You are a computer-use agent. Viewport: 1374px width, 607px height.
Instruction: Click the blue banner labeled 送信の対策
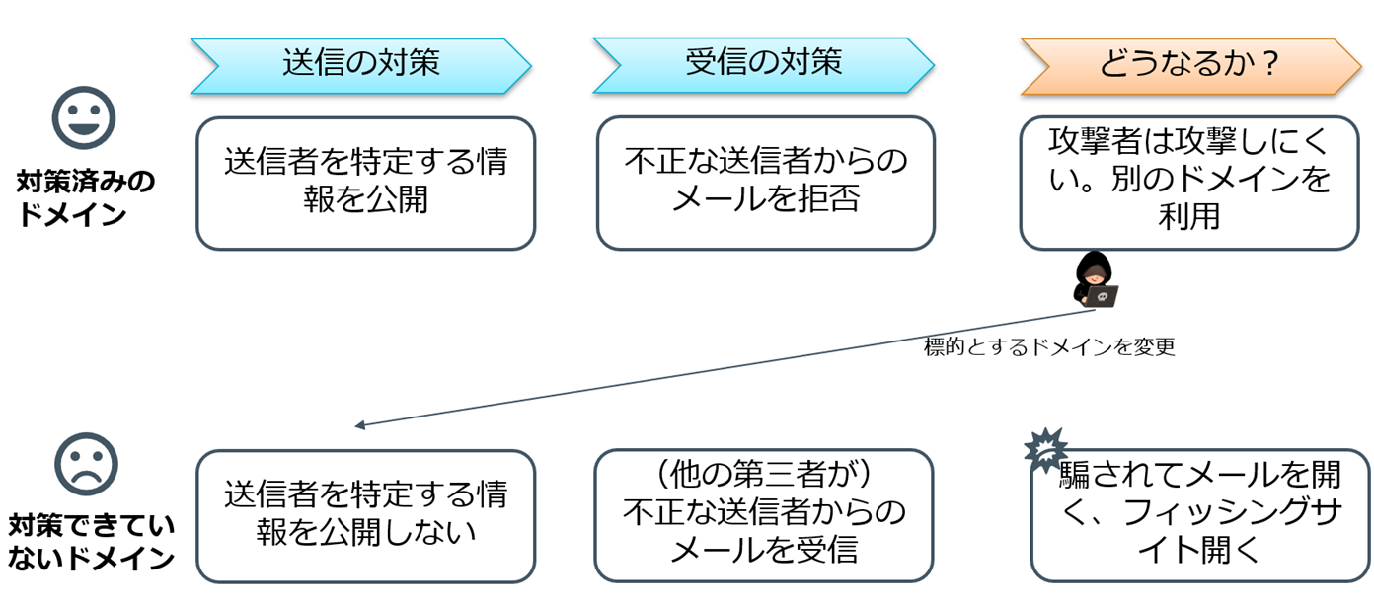coord(361,65)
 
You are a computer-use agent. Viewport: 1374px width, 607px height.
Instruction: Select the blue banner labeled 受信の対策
coord(763,65)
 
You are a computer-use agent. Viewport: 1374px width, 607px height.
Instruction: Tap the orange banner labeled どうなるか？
coord(1190,65)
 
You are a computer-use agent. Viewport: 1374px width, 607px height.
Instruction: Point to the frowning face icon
coord(86,464)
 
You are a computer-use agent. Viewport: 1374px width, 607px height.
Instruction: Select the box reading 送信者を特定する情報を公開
coord(365,183)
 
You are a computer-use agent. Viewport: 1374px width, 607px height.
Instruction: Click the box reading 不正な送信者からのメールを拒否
coord(765,183)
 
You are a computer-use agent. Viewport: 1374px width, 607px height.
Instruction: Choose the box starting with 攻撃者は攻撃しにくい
coord(1188,183)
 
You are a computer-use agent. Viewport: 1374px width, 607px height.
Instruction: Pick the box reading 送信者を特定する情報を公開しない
coord(365,515)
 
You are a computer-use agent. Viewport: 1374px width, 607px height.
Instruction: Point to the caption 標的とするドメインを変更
coord(1048,348)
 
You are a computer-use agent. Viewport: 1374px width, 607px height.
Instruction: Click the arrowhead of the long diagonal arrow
coord(360,425)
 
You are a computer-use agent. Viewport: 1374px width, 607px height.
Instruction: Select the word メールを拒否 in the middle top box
coord(765,199)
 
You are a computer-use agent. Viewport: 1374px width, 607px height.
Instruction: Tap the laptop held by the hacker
coord(1104,295)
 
